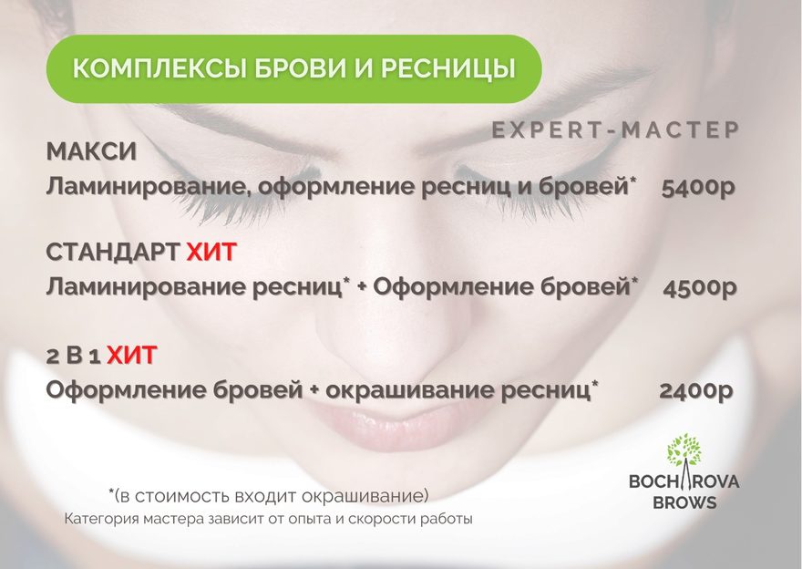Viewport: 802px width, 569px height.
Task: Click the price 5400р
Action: coord(698,188)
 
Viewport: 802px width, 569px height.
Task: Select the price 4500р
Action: coord(700,287)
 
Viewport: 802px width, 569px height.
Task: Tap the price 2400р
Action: coord(696,391)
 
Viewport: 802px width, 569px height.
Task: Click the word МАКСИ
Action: coord(91,152)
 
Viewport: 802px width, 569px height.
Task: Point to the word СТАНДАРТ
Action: coord(112,253)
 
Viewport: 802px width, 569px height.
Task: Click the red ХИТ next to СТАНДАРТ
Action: coord(211,253)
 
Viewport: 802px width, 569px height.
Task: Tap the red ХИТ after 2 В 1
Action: coord(132,355)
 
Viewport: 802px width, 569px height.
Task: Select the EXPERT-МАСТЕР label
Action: coord(616,130)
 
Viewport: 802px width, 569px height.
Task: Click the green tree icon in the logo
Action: coord(684,450)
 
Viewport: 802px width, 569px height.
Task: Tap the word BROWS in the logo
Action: coord(684,502)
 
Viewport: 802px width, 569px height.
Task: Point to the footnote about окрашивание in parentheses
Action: coord(269,495)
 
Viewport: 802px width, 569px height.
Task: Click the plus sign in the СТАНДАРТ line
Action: coord(362,288)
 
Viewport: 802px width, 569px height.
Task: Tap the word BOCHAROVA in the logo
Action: coord(684,481)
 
